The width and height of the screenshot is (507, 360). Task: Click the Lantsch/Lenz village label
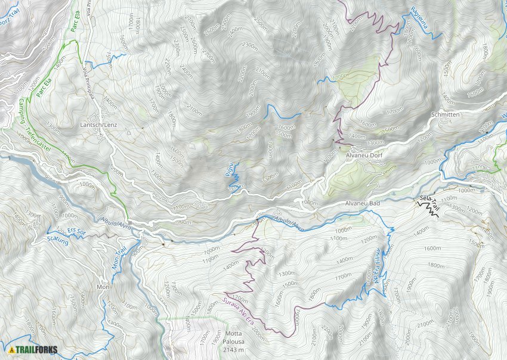click(x=98, y=125)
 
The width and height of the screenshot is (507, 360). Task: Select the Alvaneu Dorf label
click(x=363, y=154)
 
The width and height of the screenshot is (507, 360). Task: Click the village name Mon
click(x=103, y=287)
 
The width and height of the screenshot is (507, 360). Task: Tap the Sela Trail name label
click(x=429, y=201)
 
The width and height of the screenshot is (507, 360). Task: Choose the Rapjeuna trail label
click(x=422, y=17)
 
